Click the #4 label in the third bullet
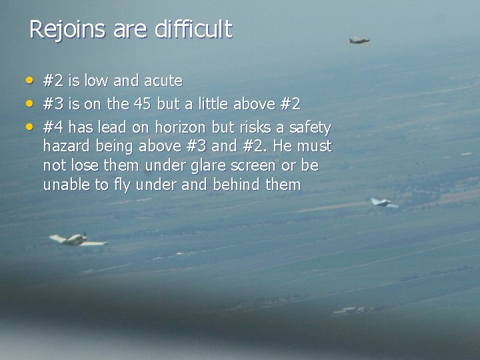pyautogui.click(x=53, y=127)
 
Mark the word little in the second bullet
pyautogui.click(x=229, y=104)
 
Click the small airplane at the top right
pyautogui.click(x=359, y=41)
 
